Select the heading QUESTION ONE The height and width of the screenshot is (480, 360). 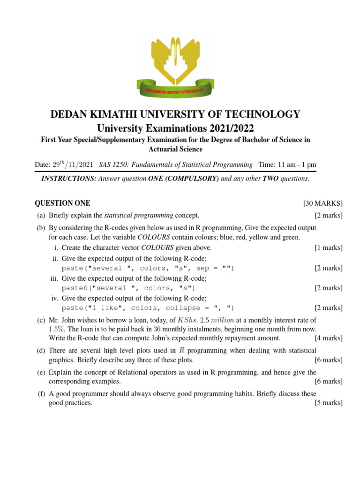tap(63, 203)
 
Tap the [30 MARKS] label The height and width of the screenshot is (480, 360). tap(323, 203)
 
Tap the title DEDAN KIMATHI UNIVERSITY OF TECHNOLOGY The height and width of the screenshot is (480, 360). tap(175, 114)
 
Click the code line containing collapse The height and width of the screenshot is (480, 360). tap(148, 308)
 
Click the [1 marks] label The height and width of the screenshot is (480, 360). tap(329, 247)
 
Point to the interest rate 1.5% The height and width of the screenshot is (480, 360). tap(43, 329)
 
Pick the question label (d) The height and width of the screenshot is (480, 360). tap(42, 350)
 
